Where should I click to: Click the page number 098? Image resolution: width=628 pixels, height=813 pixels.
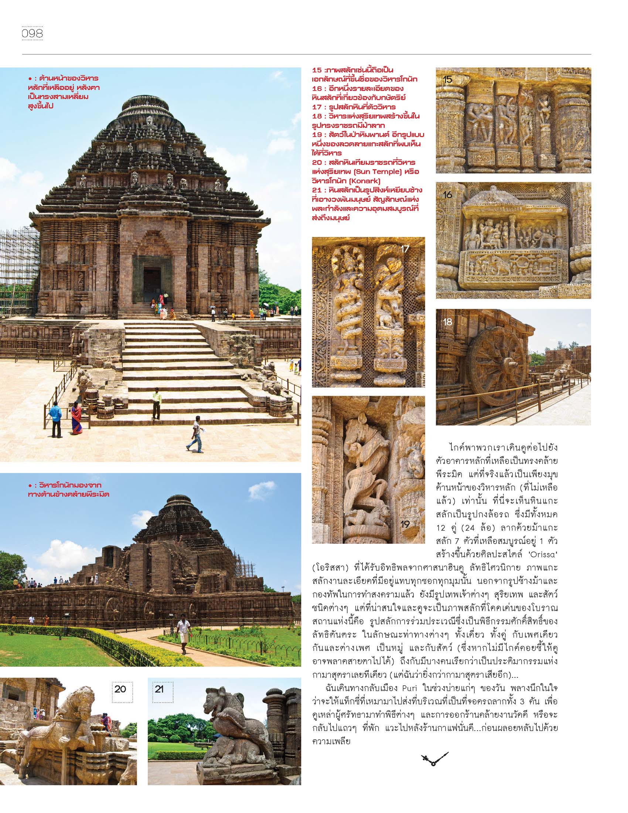pyautogui.click(x=33, y=34)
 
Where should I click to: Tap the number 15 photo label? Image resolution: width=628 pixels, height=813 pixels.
pyautogui.click(x=448, y=79)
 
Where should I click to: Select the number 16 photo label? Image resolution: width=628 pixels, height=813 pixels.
pyautogui.click(x=448, y=194)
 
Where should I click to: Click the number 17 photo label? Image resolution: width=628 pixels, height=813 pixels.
pyautogui.click(x=405, y=249)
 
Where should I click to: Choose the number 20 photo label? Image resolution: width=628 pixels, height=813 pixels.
pyautogui.click(x=120, y=689)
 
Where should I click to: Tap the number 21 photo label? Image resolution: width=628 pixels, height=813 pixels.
pyautogui.click(x=159, y=689)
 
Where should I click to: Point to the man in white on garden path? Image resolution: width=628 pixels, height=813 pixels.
pyautogui.click(x=184, y=630)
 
